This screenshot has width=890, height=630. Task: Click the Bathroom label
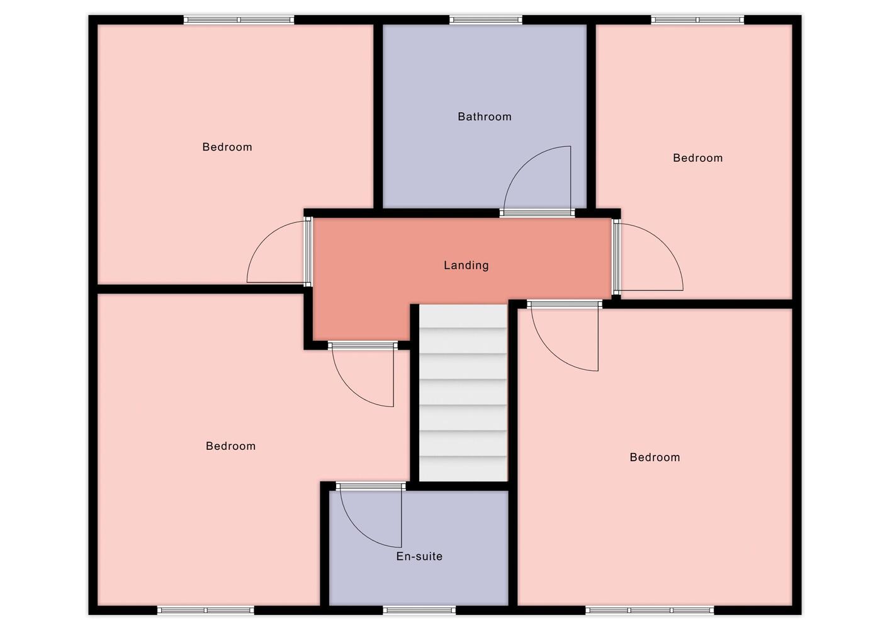coord(484,117)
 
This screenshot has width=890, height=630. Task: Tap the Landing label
coord(466,265)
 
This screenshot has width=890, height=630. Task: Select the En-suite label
coord(419,556)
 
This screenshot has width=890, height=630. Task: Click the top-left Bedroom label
coord(227,147)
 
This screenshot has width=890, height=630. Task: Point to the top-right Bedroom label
coord(697,158)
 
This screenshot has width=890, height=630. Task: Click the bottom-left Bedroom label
coord(230,446)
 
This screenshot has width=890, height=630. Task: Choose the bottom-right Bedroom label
coord(655,457)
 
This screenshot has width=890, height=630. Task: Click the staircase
coord(463,393)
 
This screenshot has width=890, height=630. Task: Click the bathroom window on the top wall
coord(485,20)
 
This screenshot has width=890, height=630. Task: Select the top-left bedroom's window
coord(239,20)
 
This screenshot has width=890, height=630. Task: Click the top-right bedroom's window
coord(697,20)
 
